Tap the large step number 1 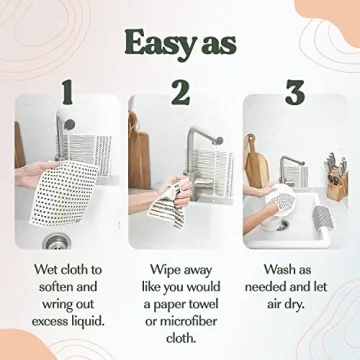[66, 93]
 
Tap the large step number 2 [180, 93]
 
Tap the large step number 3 [294, 93]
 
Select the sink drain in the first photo [57, 239]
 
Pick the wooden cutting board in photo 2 [140, 150]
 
